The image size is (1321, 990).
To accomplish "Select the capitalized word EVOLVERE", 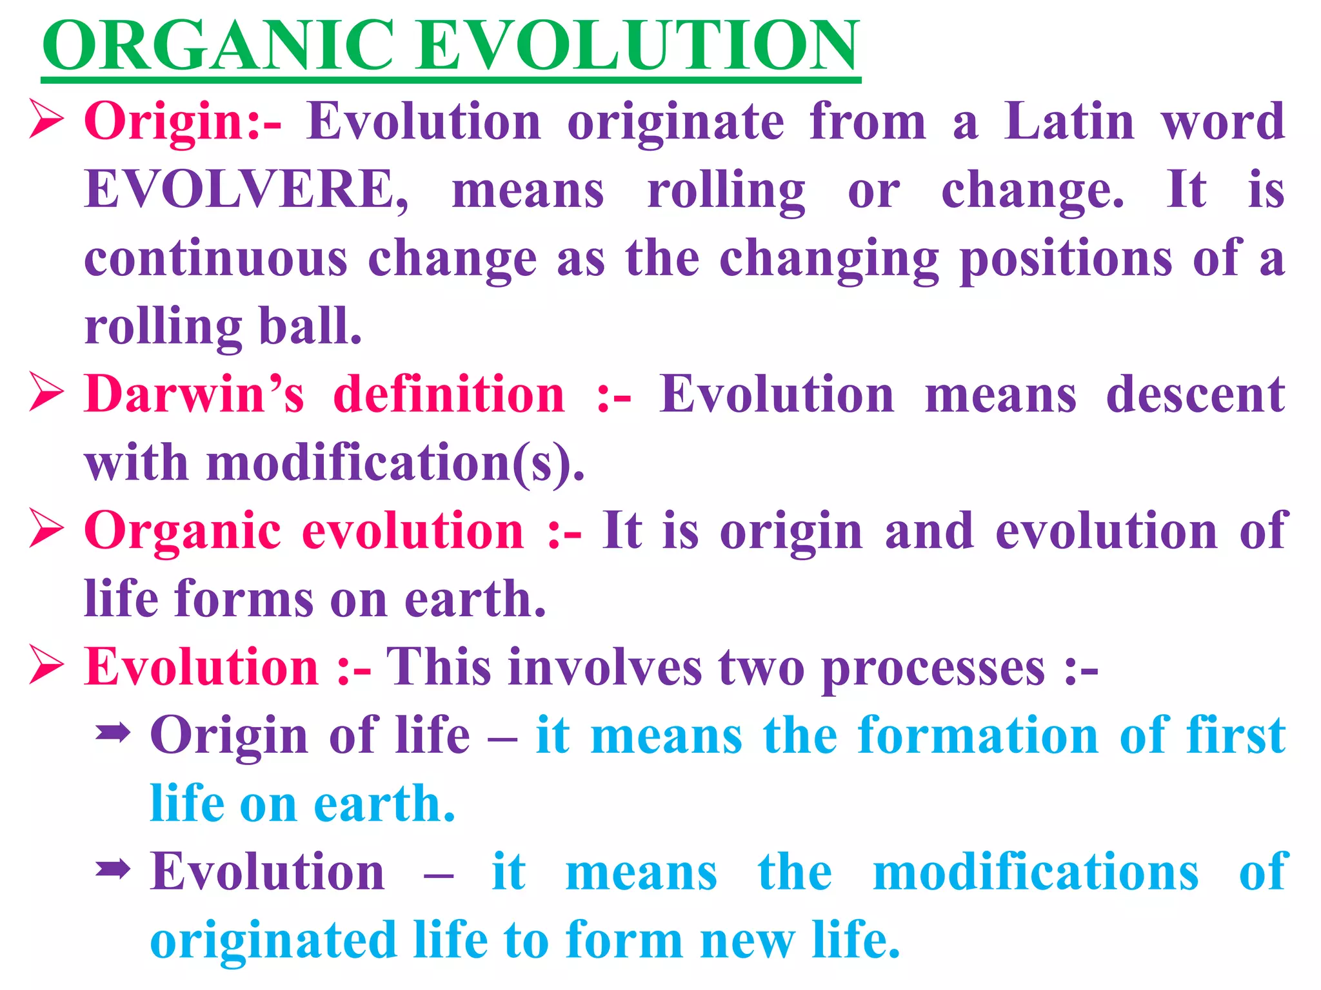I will click(246, 189).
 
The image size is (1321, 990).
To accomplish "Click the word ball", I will click(310, 326).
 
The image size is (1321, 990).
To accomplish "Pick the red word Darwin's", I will click(194, 394).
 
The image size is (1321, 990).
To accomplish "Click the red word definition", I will click(449, 394).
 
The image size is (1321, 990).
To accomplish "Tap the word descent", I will click(1195, 394).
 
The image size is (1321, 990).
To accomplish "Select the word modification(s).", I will click(395, 463).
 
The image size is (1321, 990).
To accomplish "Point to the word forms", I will click(244, 599).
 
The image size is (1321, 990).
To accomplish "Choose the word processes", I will click(933, 668).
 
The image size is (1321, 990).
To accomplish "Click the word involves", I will click(605, 668).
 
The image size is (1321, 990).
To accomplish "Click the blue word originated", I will click(273, 941).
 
